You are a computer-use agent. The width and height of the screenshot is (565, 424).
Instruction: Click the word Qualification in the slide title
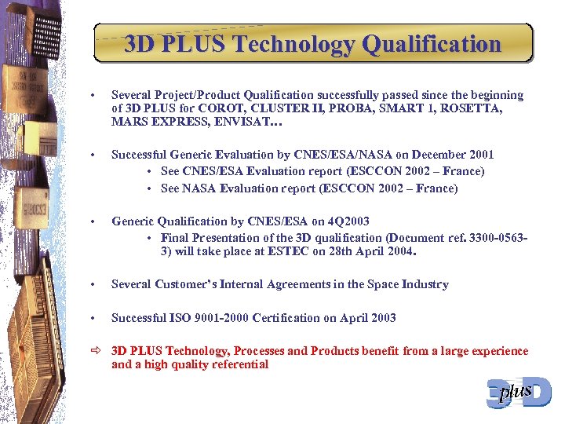pos(432,44)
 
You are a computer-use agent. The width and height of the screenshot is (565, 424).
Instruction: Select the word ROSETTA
pos(496,109)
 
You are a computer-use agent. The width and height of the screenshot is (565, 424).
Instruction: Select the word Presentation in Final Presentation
pos(228,237)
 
